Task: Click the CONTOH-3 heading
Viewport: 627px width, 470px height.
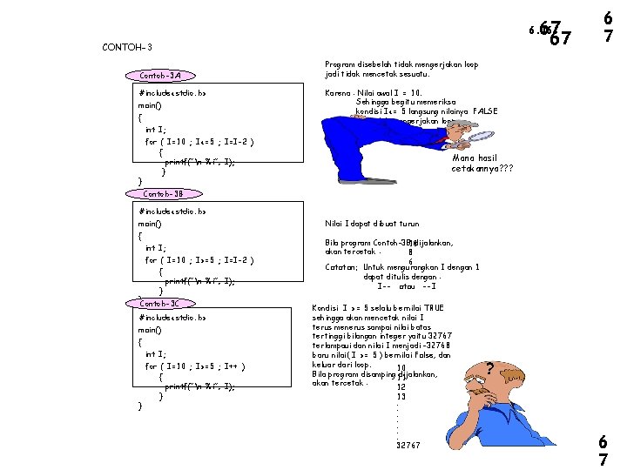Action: [x=127, y=47]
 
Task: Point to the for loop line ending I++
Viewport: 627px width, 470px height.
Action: [x=199, y=366]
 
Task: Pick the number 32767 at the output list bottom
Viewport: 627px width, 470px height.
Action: [x=408, y=446]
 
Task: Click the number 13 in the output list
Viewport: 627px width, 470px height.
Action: [x=401, y=397]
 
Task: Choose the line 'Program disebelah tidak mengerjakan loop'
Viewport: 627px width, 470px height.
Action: [x=401, y=64]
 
